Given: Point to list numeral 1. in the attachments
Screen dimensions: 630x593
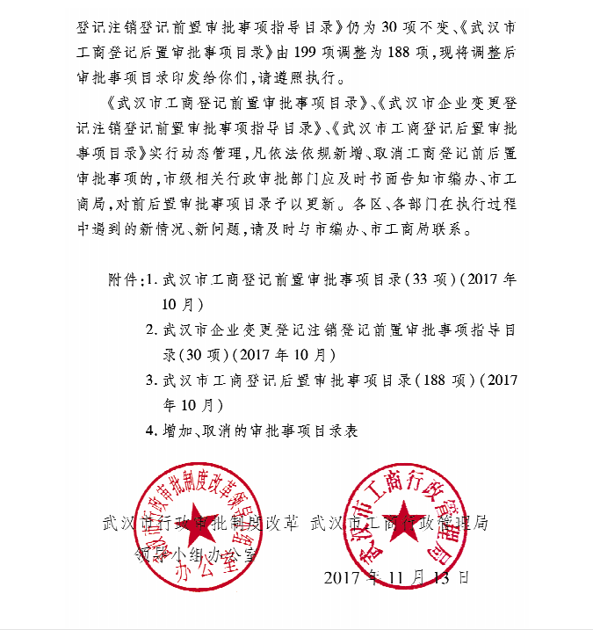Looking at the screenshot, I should click(151, 281).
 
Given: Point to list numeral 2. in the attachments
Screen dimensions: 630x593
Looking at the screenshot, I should click(151, 331).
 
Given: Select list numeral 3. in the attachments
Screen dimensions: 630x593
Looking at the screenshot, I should click(151, 381).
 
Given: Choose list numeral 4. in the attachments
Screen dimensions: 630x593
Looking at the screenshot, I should click(151, 431).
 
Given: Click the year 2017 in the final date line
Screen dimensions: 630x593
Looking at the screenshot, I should click(344, 579).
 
